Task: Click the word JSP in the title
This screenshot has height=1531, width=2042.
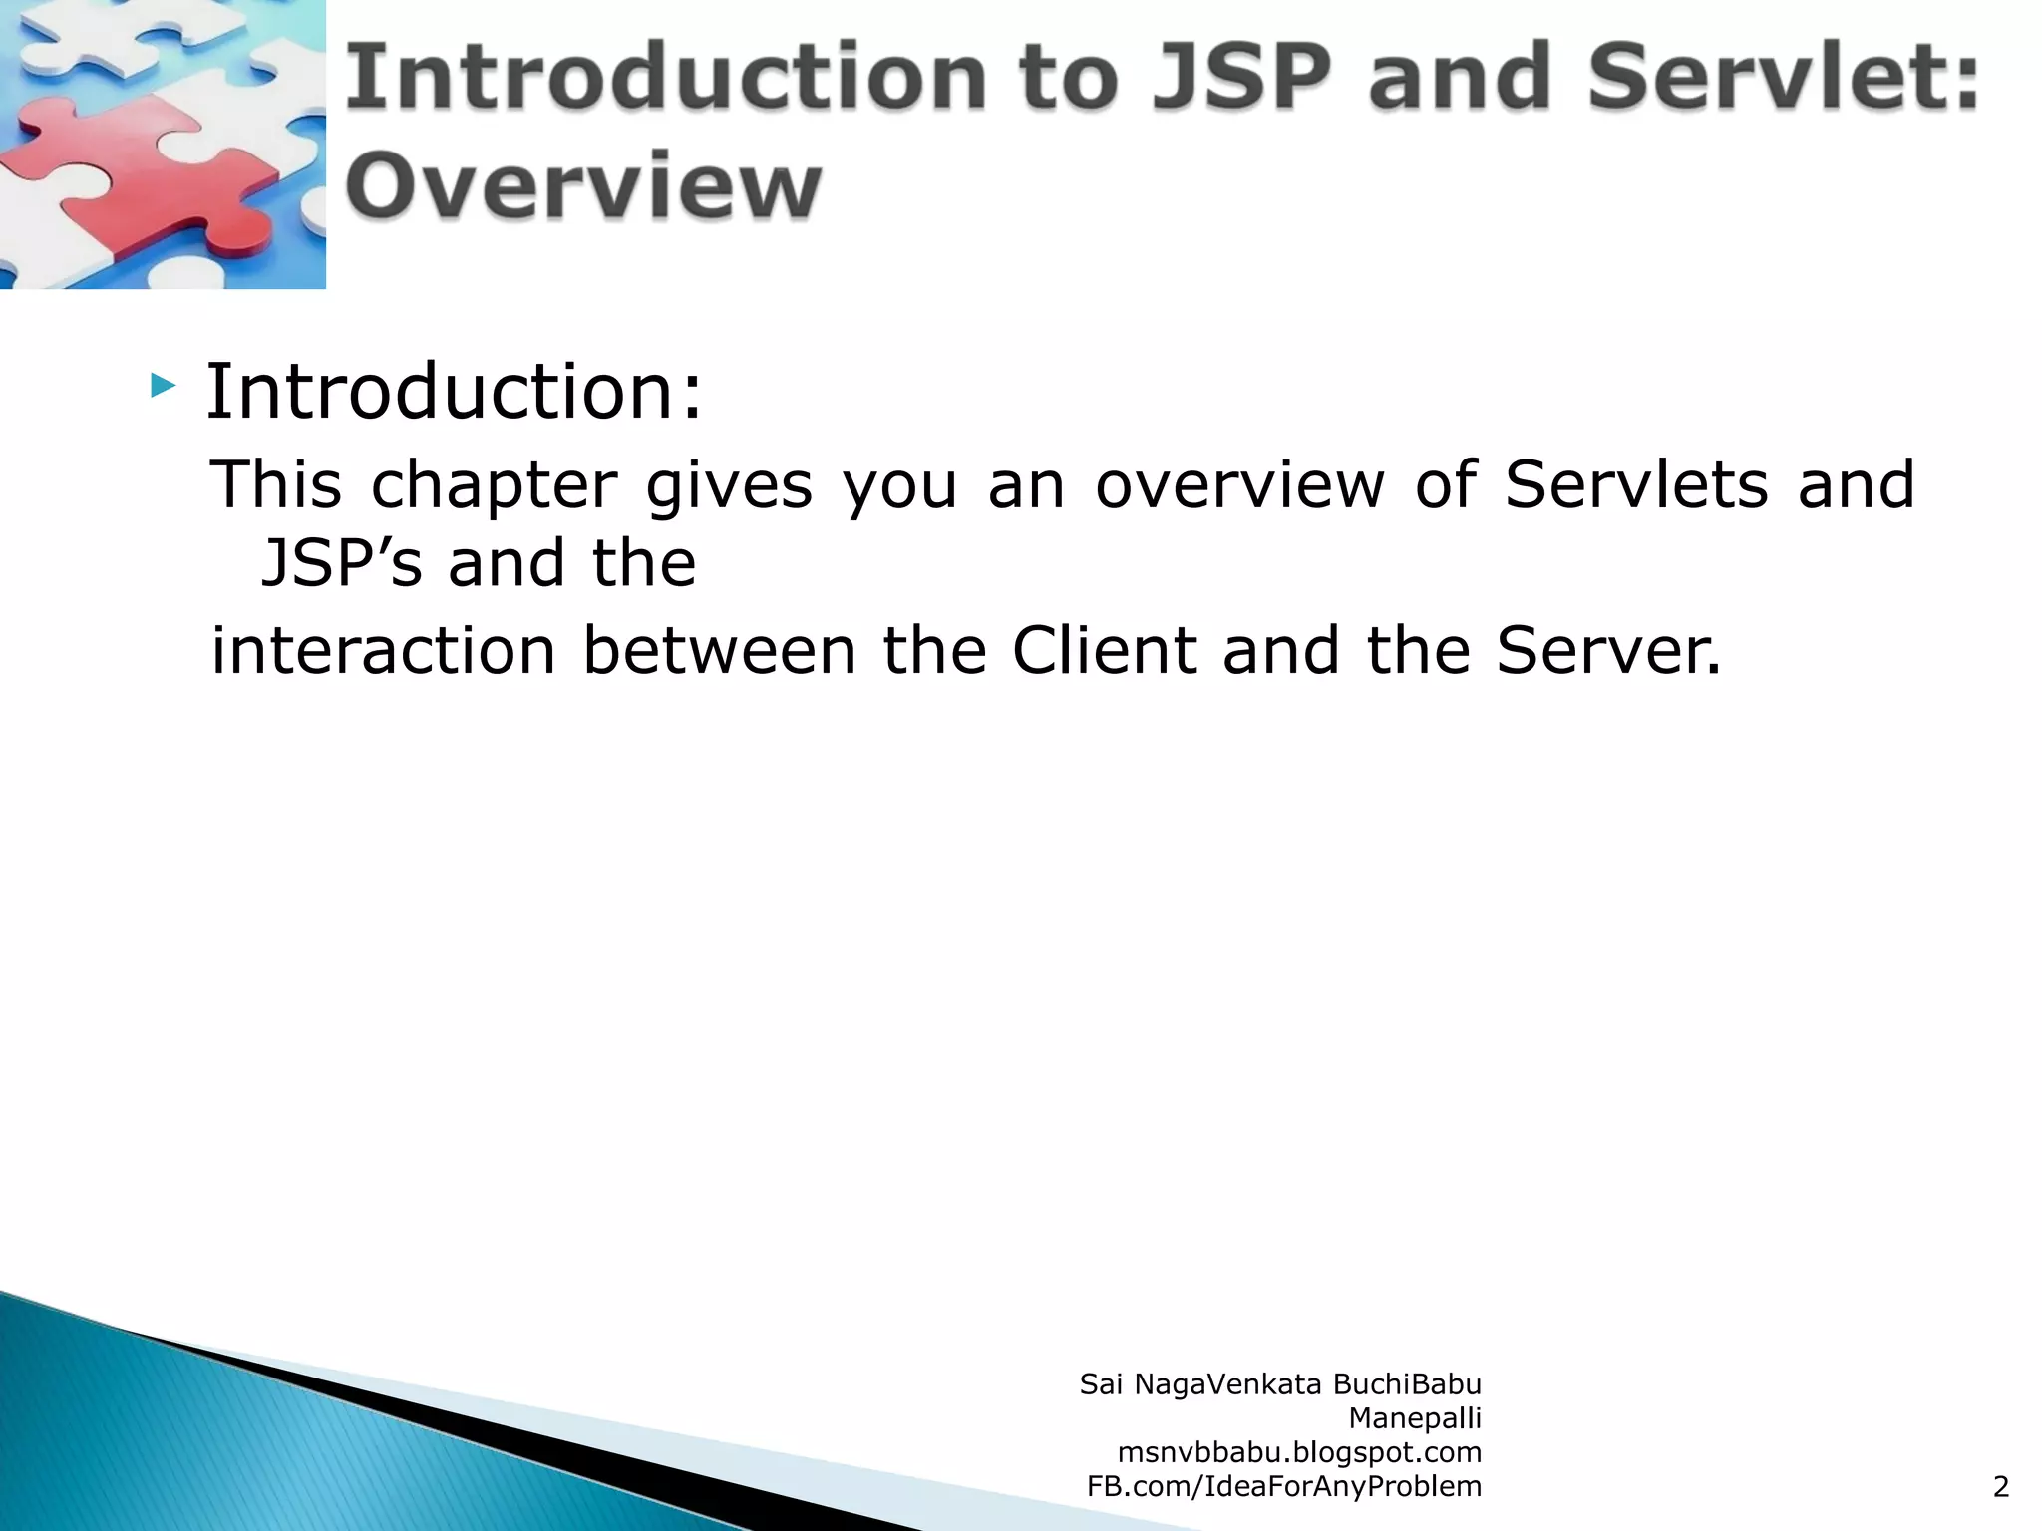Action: [1241, 78]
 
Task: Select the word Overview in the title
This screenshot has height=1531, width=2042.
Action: [583, 187]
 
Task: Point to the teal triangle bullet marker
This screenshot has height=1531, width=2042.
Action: [162, 385]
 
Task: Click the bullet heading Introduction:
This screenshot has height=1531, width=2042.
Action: [455, 391]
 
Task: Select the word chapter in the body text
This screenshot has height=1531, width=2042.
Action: [494, 485]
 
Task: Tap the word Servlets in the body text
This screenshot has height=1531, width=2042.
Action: [1635, 485]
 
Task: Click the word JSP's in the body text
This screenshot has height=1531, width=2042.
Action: [341, 563]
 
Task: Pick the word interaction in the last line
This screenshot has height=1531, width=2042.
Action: [383, 651]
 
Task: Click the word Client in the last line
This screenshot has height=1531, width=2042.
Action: [1104, 651]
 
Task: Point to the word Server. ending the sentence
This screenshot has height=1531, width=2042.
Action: [1608, 651]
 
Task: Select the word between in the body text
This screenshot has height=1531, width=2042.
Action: [719, 651]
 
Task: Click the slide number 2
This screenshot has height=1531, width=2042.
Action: [2000, 1487]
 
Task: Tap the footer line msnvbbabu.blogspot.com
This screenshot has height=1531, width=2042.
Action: [1299, 1452]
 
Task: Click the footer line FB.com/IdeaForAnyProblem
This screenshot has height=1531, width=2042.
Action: [1283, 1486]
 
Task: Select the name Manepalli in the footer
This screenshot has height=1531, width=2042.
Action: [1414, 1418]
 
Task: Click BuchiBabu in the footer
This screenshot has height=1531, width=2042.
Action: [1407, 1384]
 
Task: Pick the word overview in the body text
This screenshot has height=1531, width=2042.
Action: [1239, 485]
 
